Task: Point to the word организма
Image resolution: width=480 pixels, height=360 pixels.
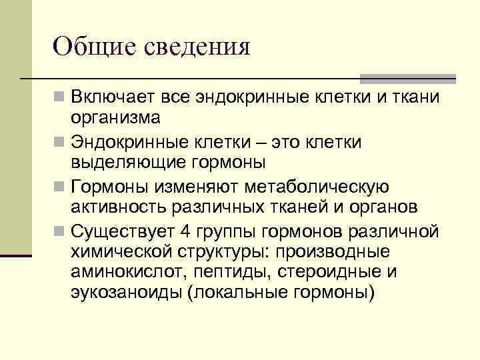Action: (116, 118)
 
